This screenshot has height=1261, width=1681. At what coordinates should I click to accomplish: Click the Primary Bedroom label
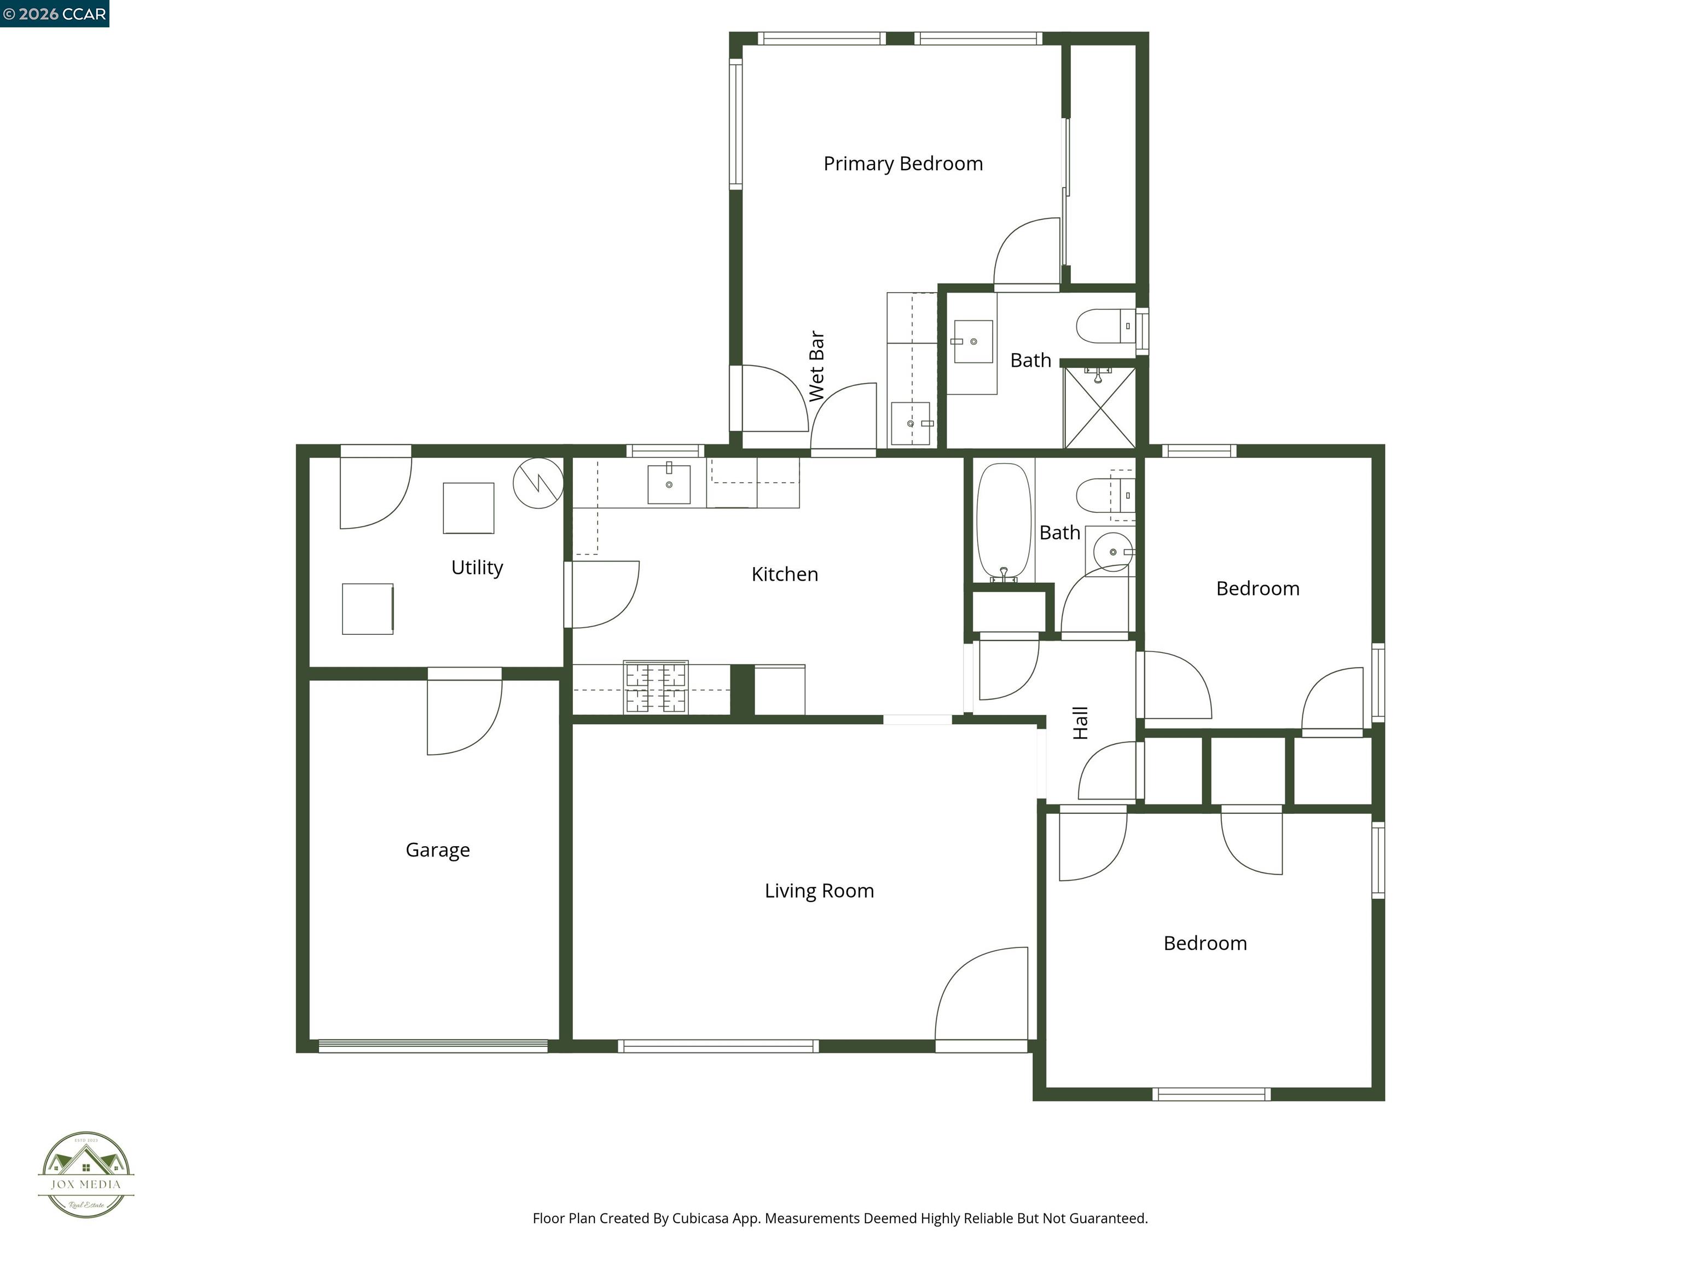(903, 164)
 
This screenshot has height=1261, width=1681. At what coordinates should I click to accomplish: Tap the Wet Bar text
(817, 366)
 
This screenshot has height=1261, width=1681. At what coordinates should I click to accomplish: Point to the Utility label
(477, 567)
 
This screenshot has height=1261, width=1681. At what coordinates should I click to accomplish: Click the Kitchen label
(784, 574)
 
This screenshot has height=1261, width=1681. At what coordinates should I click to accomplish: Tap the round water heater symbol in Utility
(538, 483)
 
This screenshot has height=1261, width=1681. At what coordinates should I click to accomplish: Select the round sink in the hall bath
(1114, 551)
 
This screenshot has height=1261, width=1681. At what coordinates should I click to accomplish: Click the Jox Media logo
(86, 1175)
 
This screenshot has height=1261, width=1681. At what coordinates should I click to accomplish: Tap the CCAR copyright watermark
(55, 14)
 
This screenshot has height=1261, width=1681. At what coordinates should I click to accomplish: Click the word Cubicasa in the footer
(700, 1218)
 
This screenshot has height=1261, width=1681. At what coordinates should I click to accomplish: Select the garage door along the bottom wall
(433, 1046)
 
